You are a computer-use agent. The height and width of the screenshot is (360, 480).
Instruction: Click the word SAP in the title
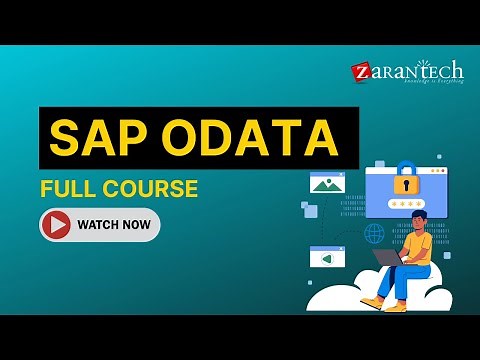tap(97, 139)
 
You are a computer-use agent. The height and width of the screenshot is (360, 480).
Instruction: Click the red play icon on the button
tap(58, 225)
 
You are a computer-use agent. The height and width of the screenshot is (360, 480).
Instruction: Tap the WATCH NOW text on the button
tap(114, 225)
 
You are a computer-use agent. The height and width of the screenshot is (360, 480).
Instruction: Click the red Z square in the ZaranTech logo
tap(361, 72)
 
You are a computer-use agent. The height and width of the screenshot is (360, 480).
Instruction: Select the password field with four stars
tap(406, 205)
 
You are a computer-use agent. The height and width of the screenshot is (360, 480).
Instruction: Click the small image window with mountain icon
tap(326, 183)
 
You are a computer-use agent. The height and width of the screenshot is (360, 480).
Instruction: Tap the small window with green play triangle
tap(327, 257)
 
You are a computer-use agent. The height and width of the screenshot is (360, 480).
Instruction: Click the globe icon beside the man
tap(375, 234)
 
